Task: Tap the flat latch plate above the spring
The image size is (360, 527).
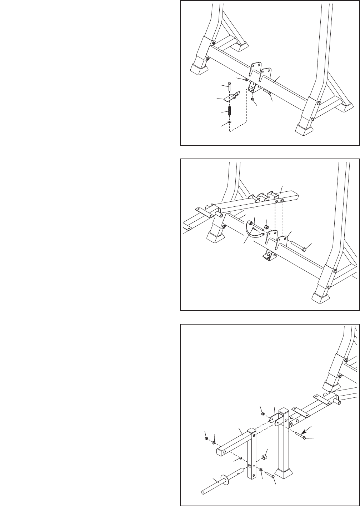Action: click(x=232, y=96)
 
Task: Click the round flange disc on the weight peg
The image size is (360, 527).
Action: click(x=225, y=480)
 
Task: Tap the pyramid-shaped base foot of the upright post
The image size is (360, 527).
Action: click(x=285, y=473)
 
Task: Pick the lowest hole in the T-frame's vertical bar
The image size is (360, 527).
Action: click(x=253, y=475)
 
